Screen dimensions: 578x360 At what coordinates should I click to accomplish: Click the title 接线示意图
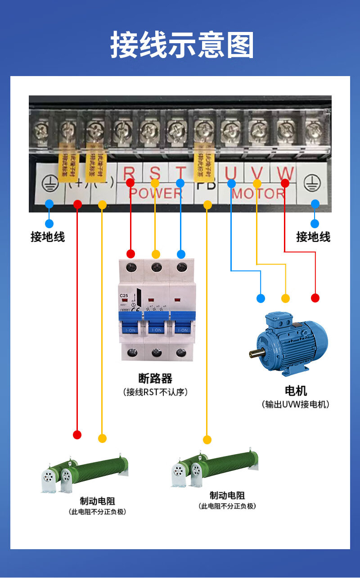pyautogui.click(x=182, y=45)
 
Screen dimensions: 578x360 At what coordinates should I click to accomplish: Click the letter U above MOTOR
pyautogui.click(x=231, y=173)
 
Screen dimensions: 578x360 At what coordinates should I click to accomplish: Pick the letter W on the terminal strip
pyautogui.click(x=285, y=173)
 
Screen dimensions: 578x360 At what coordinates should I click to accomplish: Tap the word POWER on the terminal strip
pyautogui.click(x=155, y=194)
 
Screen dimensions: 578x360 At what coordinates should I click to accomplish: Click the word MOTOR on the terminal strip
pyautogui.click(x=258, y=194)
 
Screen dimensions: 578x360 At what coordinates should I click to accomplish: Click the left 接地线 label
pyautogui.click(x=48, y=237)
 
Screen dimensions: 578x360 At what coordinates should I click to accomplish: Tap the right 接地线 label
pyautogui.click(x=313, y=237)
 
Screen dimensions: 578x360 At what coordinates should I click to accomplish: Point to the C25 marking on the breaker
pyautogui.click(x=124, y=296)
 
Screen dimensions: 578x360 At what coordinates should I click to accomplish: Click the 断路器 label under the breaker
pyautogui.click(x=155, y=378)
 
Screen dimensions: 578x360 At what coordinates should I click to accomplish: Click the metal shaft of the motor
pyautogui.click(x=255, y=354)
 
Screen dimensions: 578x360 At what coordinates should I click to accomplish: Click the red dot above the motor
pyautogui.click(x=315, y=298)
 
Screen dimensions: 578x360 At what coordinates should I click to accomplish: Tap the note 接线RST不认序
pyautogui.click(x=155, y=392)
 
